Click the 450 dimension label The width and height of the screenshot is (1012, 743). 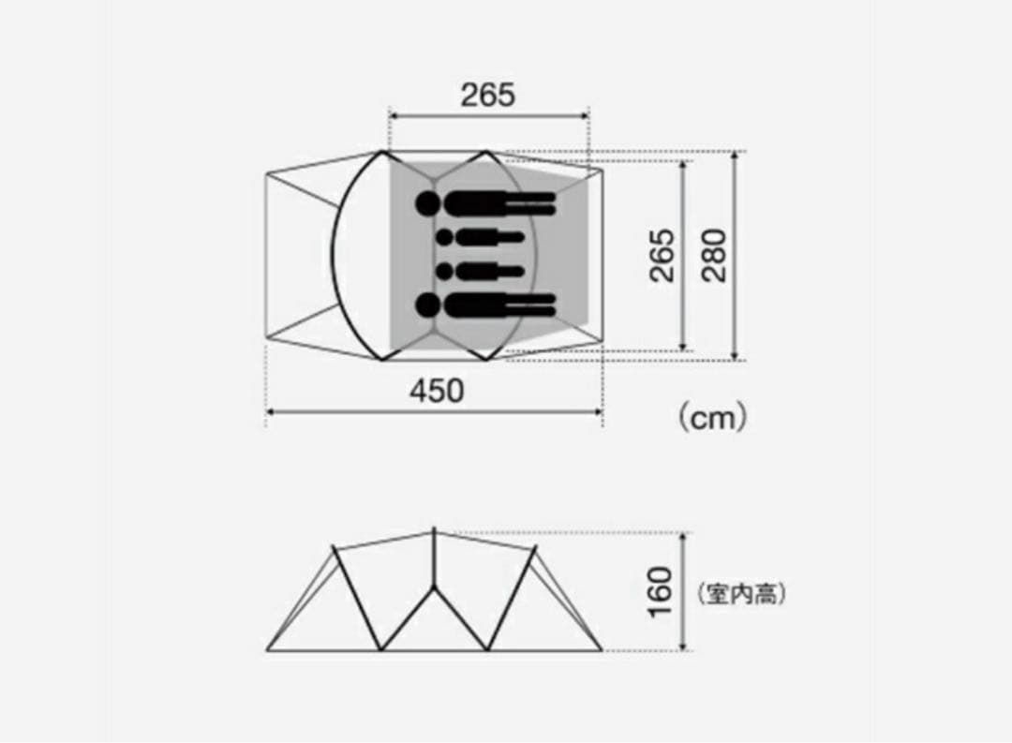tap(437, 391)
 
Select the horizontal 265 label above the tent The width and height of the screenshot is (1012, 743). tap(487, 95)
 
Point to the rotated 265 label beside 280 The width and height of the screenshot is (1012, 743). tap(662, 256)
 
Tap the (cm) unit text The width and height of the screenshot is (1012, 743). tap(712, 417)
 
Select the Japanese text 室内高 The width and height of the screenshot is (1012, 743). tap(741, 594)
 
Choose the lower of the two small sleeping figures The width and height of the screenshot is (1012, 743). tap(478, 272)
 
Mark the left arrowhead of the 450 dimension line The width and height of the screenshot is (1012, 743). tap(271, 410)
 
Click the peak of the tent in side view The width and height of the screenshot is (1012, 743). tap(434, 530)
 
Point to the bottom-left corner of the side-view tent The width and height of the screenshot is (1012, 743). tap(268, 649)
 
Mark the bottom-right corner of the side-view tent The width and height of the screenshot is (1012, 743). tap(602, 649)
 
